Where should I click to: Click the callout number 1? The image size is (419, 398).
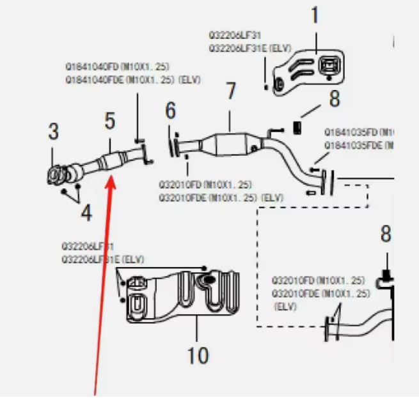314,15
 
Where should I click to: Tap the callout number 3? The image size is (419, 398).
54,132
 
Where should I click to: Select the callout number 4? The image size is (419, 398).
86,212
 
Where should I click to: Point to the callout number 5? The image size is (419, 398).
110,119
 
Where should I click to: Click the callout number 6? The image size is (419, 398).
170,111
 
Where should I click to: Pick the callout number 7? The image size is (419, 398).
231,93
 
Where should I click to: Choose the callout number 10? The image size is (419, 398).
198,355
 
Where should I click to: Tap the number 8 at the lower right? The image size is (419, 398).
385,234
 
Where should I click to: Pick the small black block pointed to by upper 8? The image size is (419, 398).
297,126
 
